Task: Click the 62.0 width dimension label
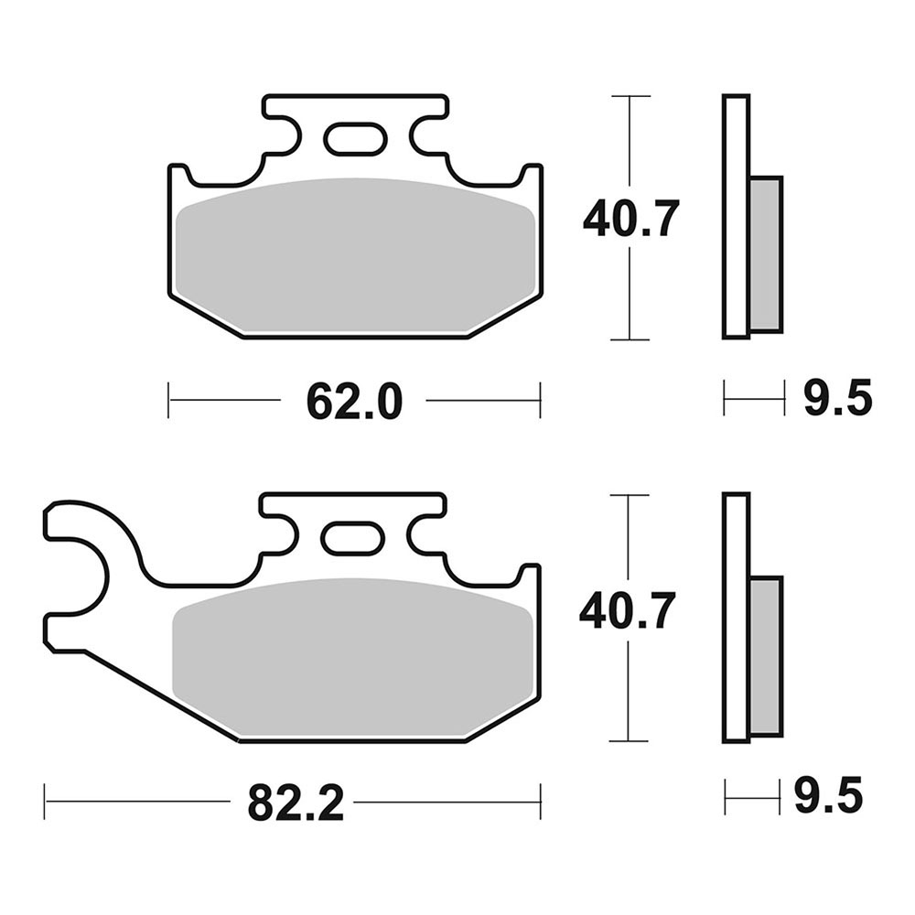(x=354, y=402)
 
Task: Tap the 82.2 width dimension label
(x=296, y=803)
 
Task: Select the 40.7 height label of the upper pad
(x=630, y=219)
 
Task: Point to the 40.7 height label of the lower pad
(x=628, y=610)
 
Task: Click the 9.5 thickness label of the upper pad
(x=838, y=398)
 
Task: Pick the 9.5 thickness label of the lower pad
(x=828, y=795)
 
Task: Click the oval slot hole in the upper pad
(x=355, y=139)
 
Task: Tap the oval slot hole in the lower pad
(x=352, y=537)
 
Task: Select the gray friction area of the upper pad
(x=355, y=257)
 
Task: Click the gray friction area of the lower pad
(x=352, y=656)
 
